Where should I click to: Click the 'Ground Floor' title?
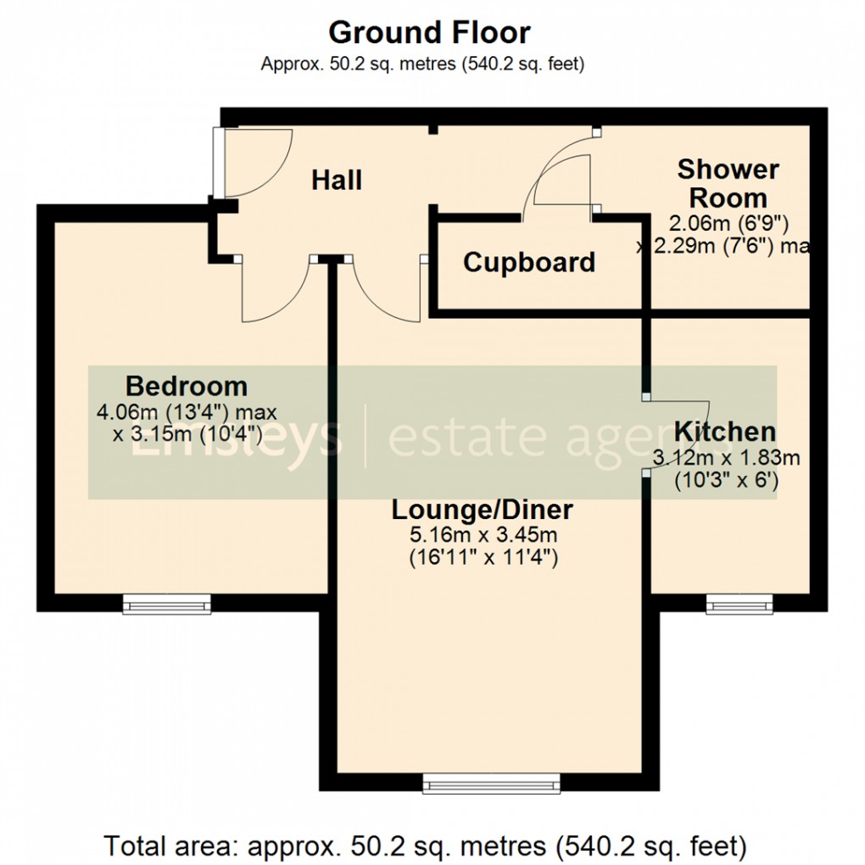pyautogui.click(x=429, y=33)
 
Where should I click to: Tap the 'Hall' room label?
pyautogui.click(x=337, y=180)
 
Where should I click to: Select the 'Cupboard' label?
pyautogui.click(x=529, y=263)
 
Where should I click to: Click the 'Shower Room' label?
pyautogui.click(x=728, y=183)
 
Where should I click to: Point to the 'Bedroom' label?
pyautogui.click(x=187, y=387)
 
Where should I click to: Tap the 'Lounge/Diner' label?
pyautogui.click(x=482, y=511)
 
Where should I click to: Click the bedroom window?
pyautogui.click(x=166, y=603)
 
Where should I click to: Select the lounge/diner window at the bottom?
pyautogui.click(x=492, y=783)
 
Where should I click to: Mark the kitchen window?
pyautogui.click(x=740, y=603)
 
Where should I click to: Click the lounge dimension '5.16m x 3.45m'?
pyautogui.click(x=482, y=537)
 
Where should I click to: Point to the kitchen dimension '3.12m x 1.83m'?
pyautogui.click(x=727, y=459)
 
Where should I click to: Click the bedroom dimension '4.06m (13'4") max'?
pyautogui.click(x=187, y=414)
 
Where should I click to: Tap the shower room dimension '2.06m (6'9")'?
pyautogui.click(x=729, y=224)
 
